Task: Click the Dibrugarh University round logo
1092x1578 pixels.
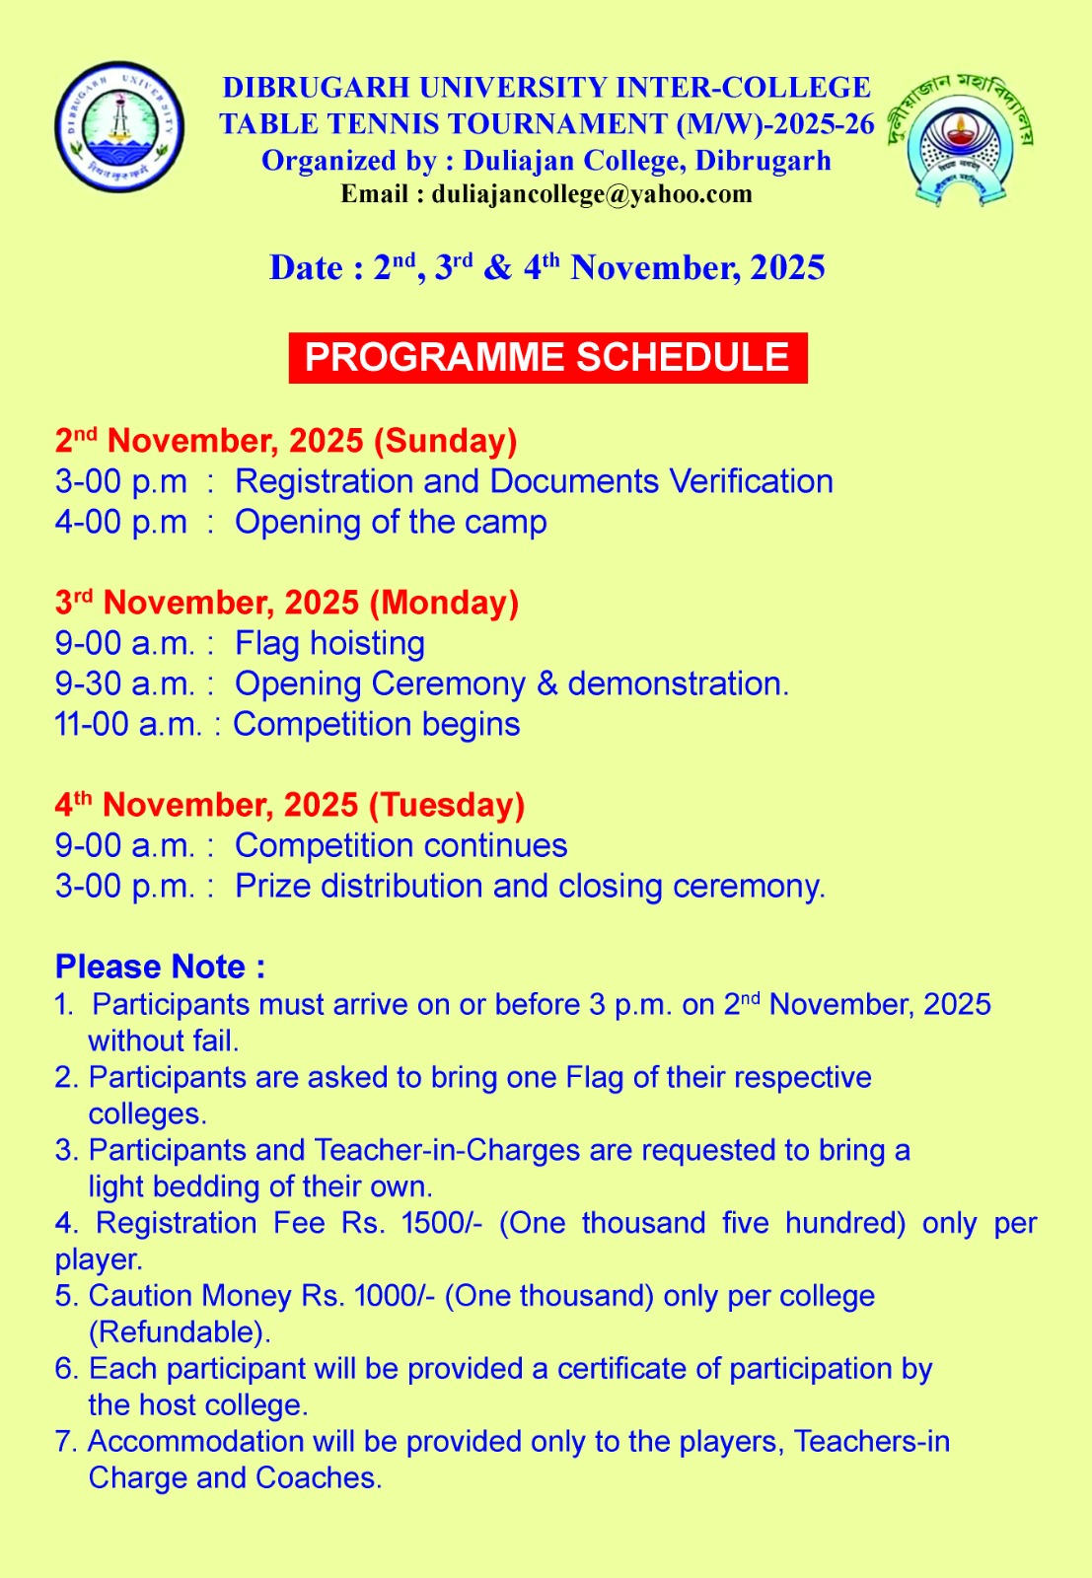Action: point(119,126)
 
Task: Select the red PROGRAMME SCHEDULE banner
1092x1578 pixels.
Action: point(547,357)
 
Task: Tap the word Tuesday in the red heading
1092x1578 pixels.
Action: point(447,805)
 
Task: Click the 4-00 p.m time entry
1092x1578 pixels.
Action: point(121,522)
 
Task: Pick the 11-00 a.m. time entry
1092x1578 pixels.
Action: point(127,724)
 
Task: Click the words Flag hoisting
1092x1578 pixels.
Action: point(329,643)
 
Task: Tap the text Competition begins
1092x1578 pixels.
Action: point(377,724)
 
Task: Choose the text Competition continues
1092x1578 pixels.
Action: point(400,845)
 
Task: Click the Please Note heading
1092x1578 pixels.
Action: point(160,966)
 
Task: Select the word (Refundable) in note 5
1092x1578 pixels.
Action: point(180,1332)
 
